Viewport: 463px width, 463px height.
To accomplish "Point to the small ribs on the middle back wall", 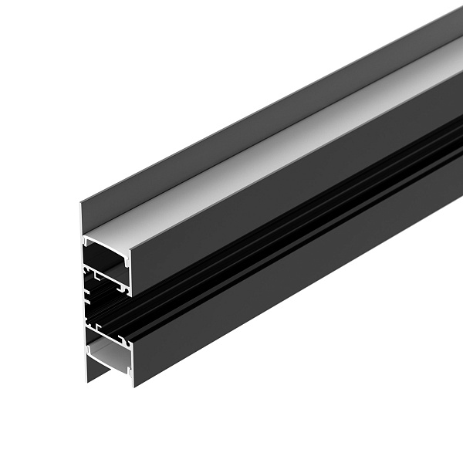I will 86,297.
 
